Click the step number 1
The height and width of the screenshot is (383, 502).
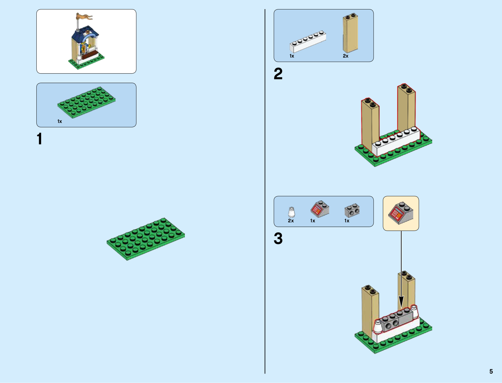coord(39,139)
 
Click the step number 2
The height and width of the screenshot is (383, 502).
coord(278,74)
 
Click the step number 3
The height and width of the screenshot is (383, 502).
coord(278,238)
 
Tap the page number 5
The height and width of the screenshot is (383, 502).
coord(491,371)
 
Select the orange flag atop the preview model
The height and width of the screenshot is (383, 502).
coord(84,16)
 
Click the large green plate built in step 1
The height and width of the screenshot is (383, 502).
coord(146,239)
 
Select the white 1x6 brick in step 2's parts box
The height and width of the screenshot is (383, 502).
coord(307,42)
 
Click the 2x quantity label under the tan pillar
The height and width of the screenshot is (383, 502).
coord(345,56)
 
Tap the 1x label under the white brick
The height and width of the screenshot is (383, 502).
coord(292,56)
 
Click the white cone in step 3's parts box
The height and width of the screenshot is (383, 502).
coord(291,212)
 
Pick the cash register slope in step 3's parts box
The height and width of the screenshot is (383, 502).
coord(319,209)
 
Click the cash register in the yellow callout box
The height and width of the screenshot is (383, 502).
coord(400,213)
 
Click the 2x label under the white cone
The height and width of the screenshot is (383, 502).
coord(291,221)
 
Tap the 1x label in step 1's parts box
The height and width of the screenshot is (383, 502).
coord(60,121)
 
